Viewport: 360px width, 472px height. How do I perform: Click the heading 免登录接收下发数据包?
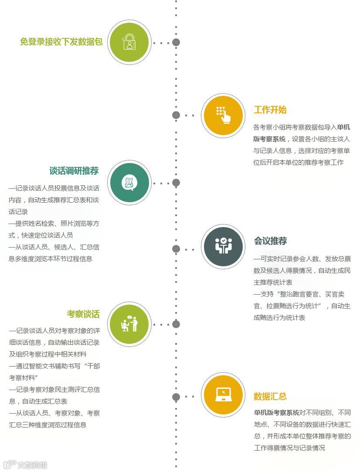61,42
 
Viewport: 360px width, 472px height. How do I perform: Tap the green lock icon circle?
129,42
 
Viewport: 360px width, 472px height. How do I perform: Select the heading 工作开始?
270,110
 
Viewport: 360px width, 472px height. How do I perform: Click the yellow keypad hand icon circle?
223,115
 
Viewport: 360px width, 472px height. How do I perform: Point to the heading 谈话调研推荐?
74,170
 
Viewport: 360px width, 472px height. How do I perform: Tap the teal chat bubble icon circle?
129,183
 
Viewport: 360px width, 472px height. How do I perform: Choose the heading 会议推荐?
270,241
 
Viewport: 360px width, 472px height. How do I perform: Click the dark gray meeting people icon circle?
223,246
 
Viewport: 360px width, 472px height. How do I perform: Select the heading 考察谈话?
83,314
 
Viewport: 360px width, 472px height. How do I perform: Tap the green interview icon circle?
129,324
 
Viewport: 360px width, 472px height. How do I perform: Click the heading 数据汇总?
270,397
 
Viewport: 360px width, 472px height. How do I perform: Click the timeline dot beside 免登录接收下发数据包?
176,42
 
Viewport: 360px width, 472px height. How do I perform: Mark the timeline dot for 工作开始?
176,115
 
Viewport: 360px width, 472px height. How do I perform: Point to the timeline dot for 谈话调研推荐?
176,183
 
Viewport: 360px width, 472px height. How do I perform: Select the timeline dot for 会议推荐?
176,249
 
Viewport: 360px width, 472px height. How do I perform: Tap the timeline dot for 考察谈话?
176,324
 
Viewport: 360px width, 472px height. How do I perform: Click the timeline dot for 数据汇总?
176,397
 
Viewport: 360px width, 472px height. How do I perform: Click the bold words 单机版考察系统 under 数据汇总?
276,412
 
